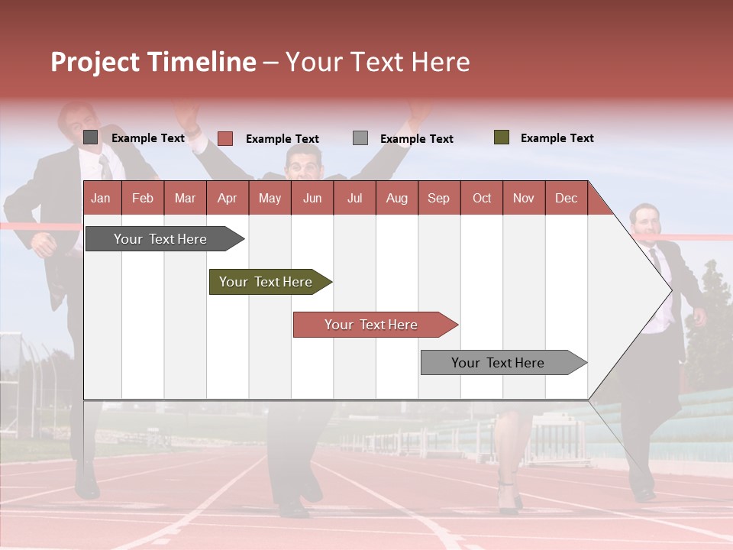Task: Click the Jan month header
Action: (102, 198)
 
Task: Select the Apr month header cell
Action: (228, 198)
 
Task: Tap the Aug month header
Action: (397, 198)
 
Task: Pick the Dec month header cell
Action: (567, 198)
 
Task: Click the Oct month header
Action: (482, 198)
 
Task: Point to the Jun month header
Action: (312, 198)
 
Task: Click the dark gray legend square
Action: (90, 137)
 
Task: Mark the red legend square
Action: (225, 138)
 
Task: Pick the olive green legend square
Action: (502, 137)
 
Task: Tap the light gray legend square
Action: (360, 138)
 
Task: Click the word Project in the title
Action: (95, 62)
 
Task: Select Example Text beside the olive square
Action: (557, 137)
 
